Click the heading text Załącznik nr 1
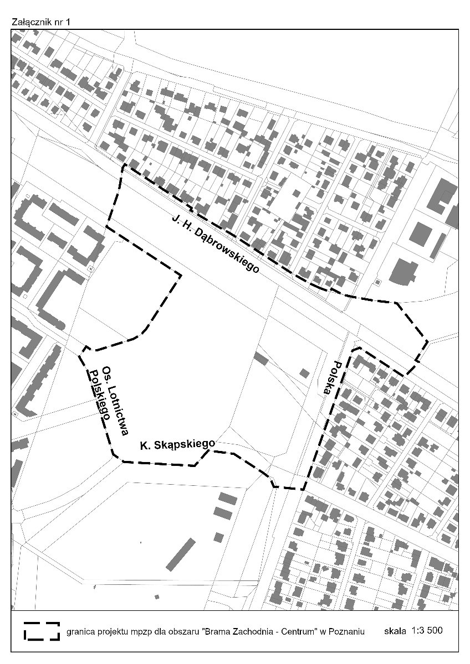coord(41,22)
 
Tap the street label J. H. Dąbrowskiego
coord(215,243)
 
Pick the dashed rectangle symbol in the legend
coord(41,631)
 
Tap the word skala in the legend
coord(395,630)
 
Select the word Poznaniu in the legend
coord(347,631)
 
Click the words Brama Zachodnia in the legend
coord(246,631)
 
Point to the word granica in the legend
coord(80,631)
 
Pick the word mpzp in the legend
coord(136,631)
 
